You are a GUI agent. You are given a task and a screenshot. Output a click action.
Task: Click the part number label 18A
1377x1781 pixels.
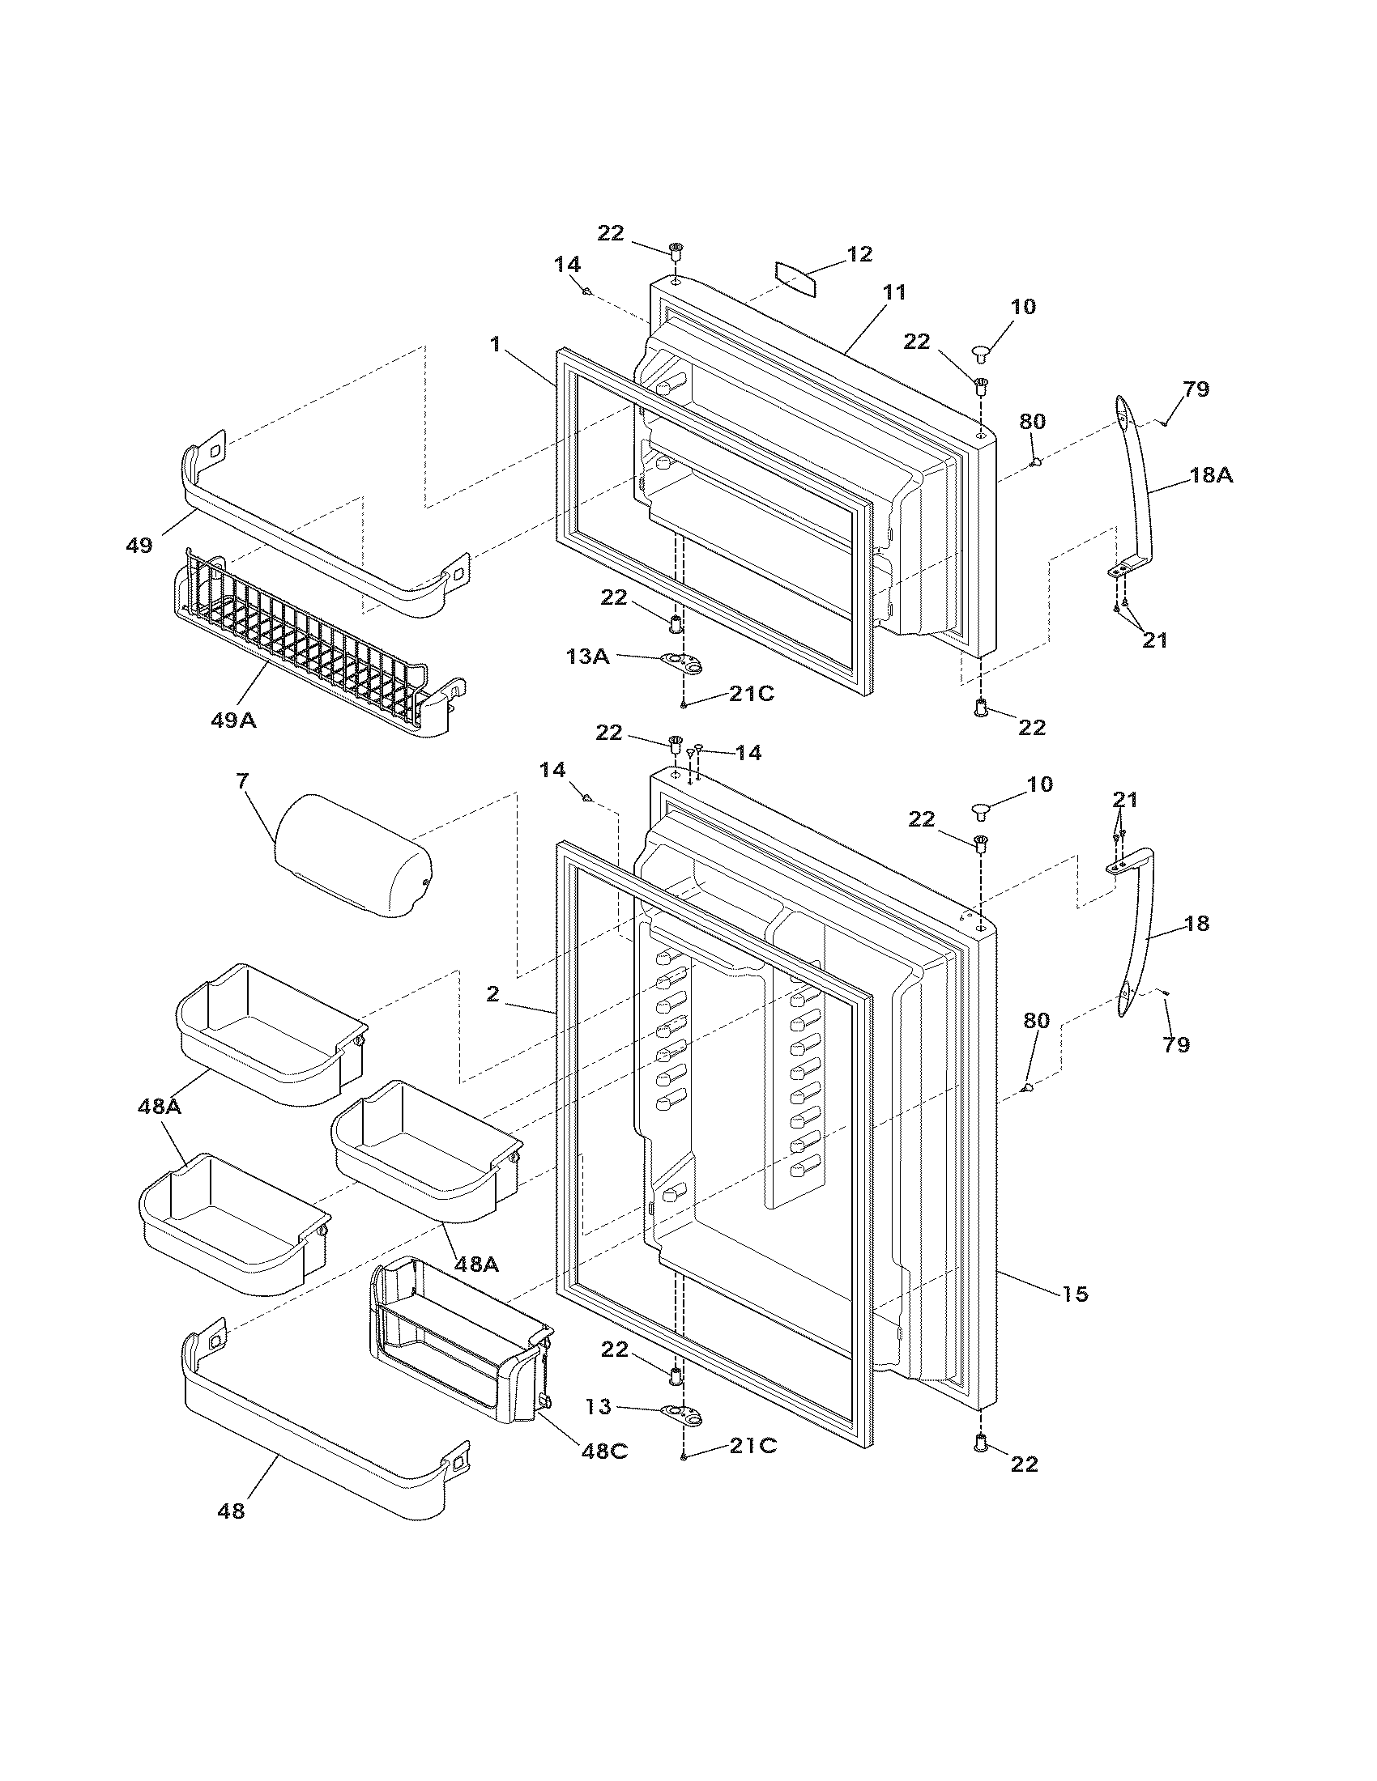click(x=1211, y=475)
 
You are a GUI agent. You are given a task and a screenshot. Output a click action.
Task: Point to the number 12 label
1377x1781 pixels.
click(x=859, y=253)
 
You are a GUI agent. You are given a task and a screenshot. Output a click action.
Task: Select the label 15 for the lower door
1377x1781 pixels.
click(x=1075, y=1294)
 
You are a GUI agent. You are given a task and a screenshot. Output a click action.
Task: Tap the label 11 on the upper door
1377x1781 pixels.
click(x=894, y=292)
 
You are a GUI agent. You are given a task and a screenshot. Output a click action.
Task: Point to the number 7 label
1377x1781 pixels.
click(x=241, y=780)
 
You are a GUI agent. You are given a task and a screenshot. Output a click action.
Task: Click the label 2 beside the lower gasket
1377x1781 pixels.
click(x=492, y=993)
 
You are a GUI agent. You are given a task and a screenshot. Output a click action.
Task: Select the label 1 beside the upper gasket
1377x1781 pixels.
click(x=495, y=344)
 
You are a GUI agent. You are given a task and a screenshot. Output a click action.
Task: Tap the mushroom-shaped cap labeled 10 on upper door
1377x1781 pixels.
click(x=990, y=353)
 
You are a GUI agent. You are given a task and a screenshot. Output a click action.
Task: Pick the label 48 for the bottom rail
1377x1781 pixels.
click(x=231, y=1511)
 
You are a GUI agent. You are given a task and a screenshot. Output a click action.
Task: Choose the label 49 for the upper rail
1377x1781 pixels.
click(x=139, y=546)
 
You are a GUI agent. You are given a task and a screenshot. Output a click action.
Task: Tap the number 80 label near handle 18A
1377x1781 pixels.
click(x=1032, y=422)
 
